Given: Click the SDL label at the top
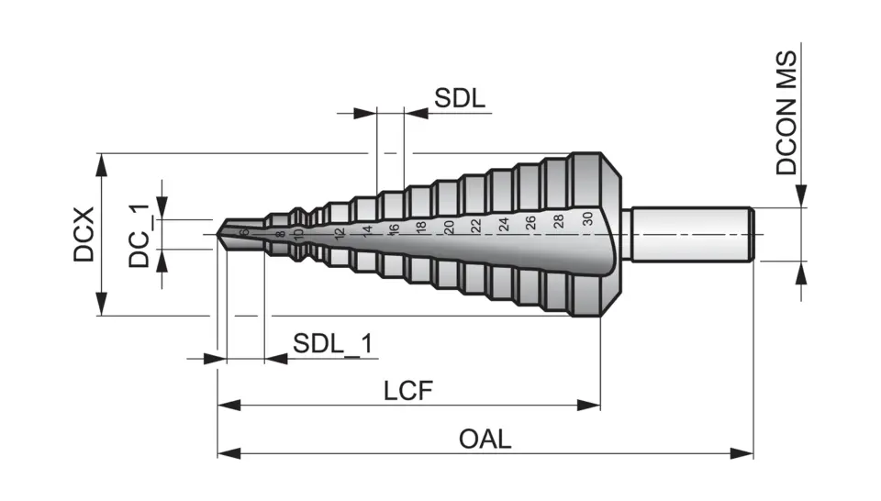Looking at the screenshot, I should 460,99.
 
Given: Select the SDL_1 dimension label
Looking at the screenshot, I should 333,344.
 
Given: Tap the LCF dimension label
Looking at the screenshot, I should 407,391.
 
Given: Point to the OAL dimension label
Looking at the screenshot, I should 485,440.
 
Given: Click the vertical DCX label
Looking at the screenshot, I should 84,234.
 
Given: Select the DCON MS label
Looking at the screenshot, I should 786,113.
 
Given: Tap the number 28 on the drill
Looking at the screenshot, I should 558,221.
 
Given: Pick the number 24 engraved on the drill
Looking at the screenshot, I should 503,225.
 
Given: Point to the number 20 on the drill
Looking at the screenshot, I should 449,228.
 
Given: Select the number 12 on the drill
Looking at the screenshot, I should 340,233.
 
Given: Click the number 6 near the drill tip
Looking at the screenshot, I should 245,233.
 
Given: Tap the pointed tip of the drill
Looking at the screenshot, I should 220,234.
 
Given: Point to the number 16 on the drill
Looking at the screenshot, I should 394,229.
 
